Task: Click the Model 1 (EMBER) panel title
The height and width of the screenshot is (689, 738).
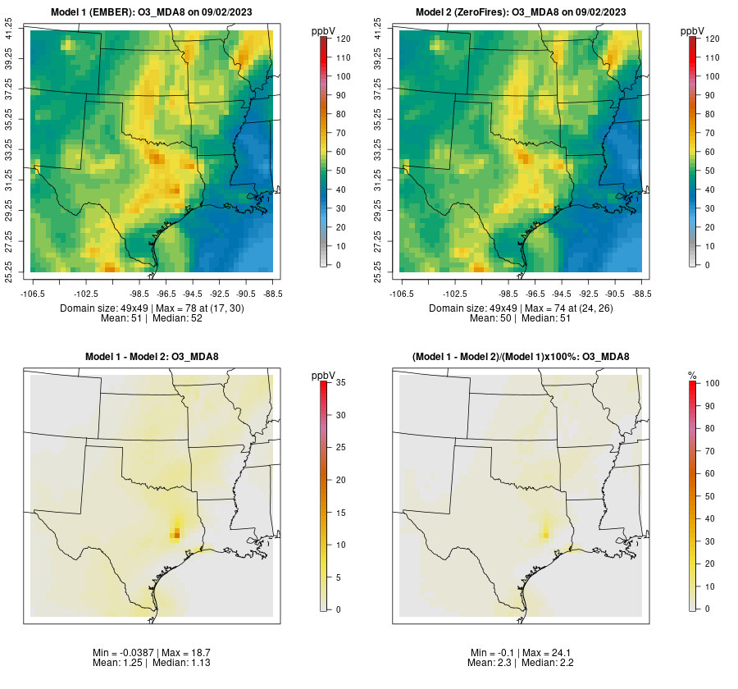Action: point(153,12)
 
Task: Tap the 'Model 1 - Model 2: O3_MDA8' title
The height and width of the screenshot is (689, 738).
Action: point(153,357)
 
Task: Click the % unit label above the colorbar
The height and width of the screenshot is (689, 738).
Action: point(693,376)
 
